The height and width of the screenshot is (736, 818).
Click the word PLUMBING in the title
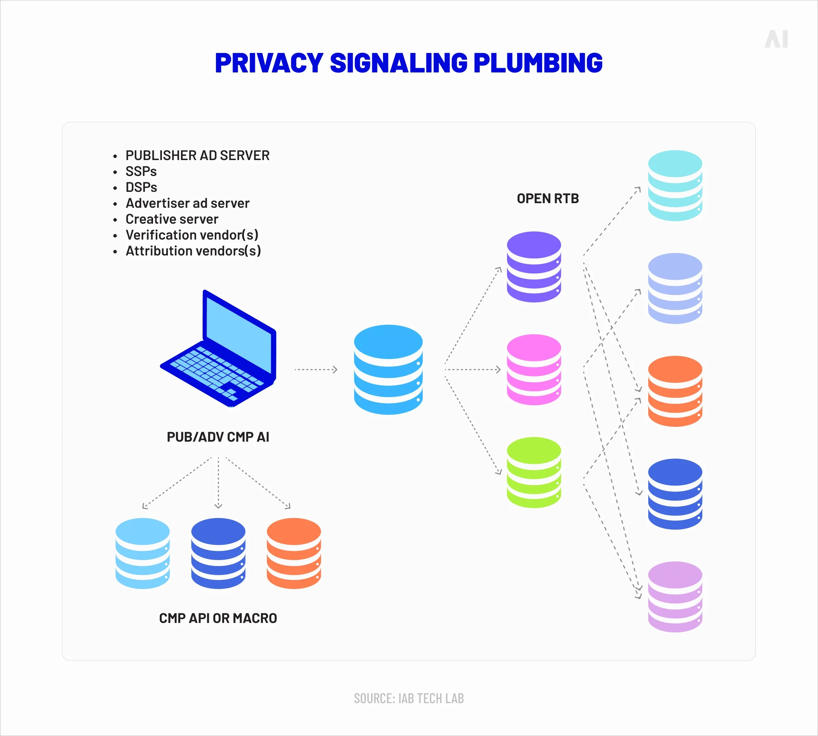point(538,63)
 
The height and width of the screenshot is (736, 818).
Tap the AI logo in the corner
point(776,39)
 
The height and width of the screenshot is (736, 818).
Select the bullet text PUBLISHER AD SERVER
point(197,155)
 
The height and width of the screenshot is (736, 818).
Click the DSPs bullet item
point(141,187)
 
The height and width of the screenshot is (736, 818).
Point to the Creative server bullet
point(171,219)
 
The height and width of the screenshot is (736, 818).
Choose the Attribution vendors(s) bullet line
point(193,251)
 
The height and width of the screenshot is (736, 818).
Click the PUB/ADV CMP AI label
point(218,437)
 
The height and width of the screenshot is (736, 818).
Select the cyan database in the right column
point(675,186)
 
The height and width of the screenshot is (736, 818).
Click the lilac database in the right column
point(675,596)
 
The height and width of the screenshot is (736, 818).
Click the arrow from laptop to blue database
point(316,369)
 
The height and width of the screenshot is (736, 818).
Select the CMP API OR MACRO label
point(218,618)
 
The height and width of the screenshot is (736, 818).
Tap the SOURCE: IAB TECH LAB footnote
point(409,699)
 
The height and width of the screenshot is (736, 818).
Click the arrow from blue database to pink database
point(472,369)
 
